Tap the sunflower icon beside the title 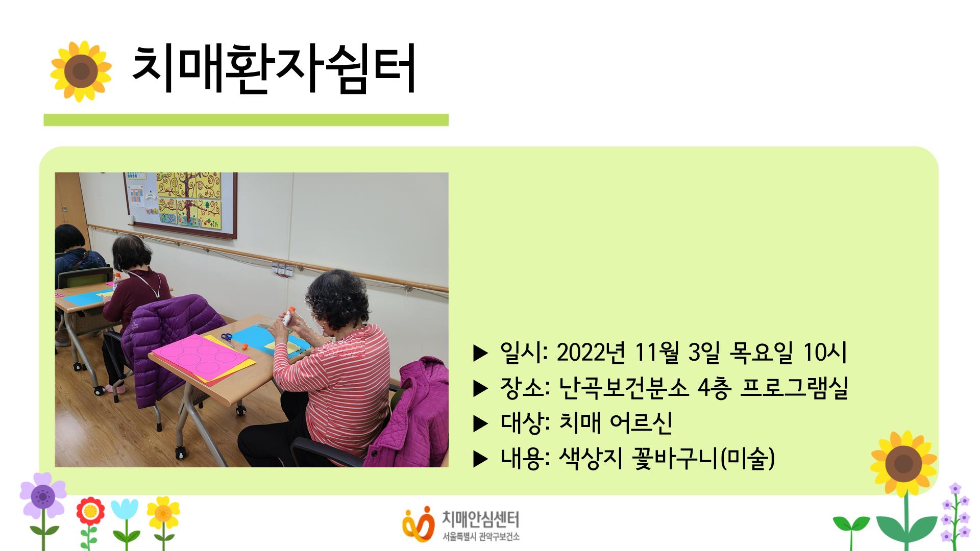[81, 71]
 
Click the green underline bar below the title [246, 120]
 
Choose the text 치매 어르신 [616, 423]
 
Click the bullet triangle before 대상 [481, 423]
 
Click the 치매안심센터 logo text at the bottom [480, 519]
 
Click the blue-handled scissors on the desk [228, 339]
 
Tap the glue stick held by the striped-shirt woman [289, 317]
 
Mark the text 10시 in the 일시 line [825, 352]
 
